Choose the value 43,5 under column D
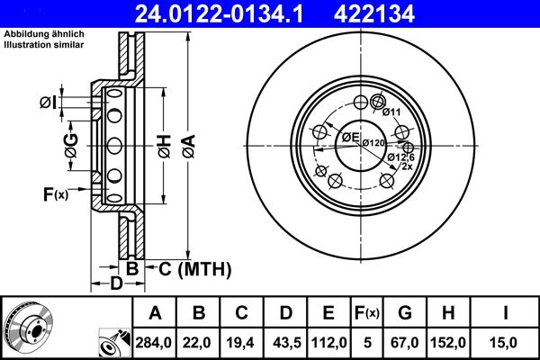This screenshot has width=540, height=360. pos(286,343)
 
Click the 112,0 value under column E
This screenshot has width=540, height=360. pos(329,343)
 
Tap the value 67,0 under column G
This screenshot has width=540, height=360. pos(405,343)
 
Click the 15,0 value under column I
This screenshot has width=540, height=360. pos(507,343)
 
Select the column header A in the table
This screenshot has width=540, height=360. pos(156,313)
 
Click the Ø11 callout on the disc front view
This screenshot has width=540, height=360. pos(391,112)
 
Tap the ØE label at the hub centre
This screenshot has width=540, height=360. pos(350,137)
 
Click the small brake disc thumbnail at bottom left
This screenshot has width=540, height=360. pos(34,328)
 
